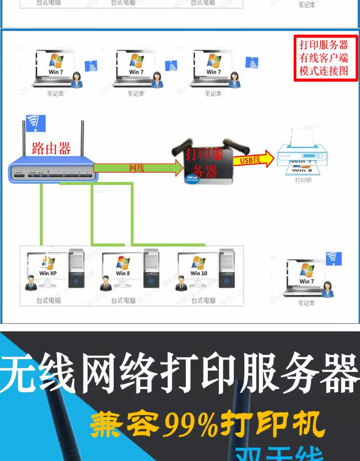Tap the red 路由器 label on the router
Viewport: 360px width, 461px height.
tap(51, 148)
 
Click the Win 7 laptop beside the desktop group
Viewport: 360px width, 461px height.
tap(305, 277)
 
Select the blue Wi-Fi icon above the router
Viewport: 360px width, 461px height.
tap(36, 123)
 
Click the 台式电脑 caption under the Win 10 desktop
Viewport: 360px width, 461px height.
tap(203, 301)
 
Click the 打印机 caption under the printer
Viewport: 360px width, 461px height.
tap(303, 181)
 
